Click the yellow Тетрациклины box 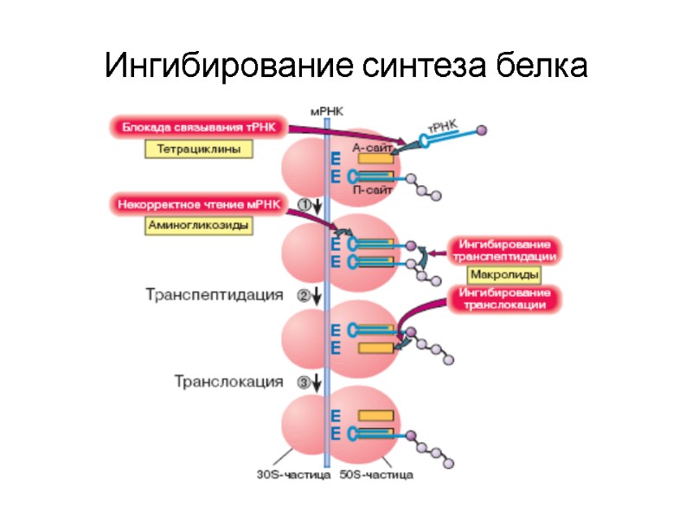(198, 149)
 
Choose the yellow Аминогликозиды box (198, 226)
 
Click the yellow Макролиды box (504, 275)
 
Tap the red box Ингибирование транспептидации (504, 249)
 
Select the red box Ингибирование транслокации (504, 298)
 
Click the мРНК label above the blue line (325, 112)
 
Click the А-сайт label (373, 147)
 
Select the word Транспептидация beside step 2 (214, 295)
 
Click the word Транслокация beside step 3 (228, 381)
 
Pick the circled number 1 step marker (304, 203)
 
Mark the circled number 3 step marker (304, 381)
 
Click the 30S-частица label (293, 474)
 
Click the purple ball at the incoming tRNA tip (482, 130)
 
